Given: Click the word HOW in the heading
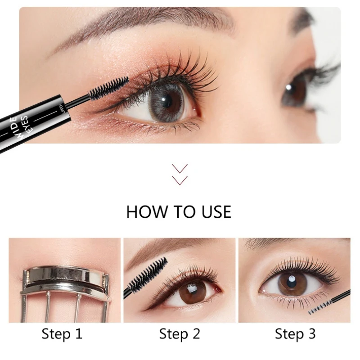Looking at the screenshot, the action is (x=147, y=211).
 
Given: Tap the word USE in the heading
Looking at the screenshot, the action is (x=216, y=211).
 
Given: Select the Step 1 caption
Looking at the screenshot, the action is (x=62, y=333).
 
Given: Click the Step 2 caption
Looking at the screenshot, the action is (x=180, y=333).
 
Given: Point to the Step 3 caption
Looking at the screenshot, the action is (x=295, y=333).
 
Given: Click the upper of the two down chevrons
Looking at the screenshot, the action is (x=180, y=168).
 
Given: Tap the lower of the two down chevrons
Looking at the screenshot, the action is (x=180, y=180).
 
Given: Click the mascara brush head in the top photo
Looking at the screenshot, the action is (x=108, y=88).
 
